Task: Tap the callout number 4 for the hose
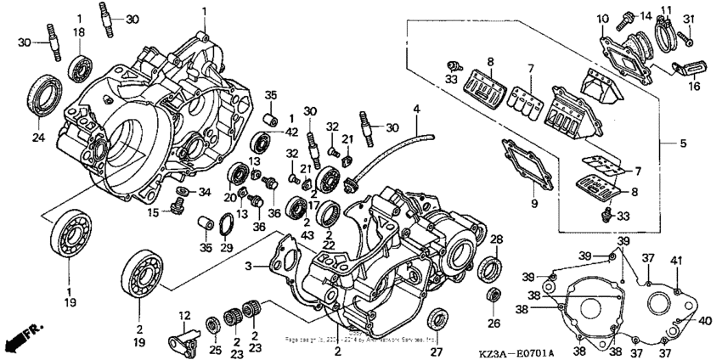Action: point(416,110)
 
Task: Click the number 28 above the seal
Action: point(497,239)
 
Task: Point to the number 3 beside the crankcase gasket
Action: point(250,267)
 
